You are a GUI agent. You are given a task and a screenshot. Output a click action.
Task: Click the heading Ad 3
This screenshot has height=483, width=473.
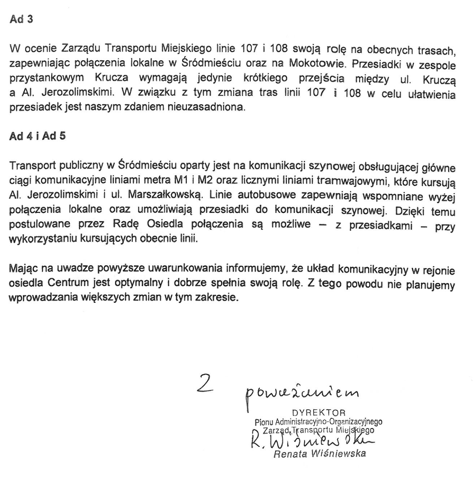pyautogui.click(x=21, y=19)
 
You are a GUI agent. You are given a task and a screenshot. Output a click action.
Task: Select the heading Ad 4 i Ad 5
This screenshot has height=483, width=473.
pyautogui.click(x=37, y=136)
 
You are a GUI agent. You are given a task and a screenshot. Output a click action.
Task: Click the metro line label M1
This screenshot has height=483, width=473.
pyautogui.click(x=182, y=180)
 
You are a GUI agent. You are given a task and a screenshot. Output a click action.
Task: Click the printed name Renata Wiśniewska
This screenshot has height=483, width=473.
pyautogui.click(x=320, y=454)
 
